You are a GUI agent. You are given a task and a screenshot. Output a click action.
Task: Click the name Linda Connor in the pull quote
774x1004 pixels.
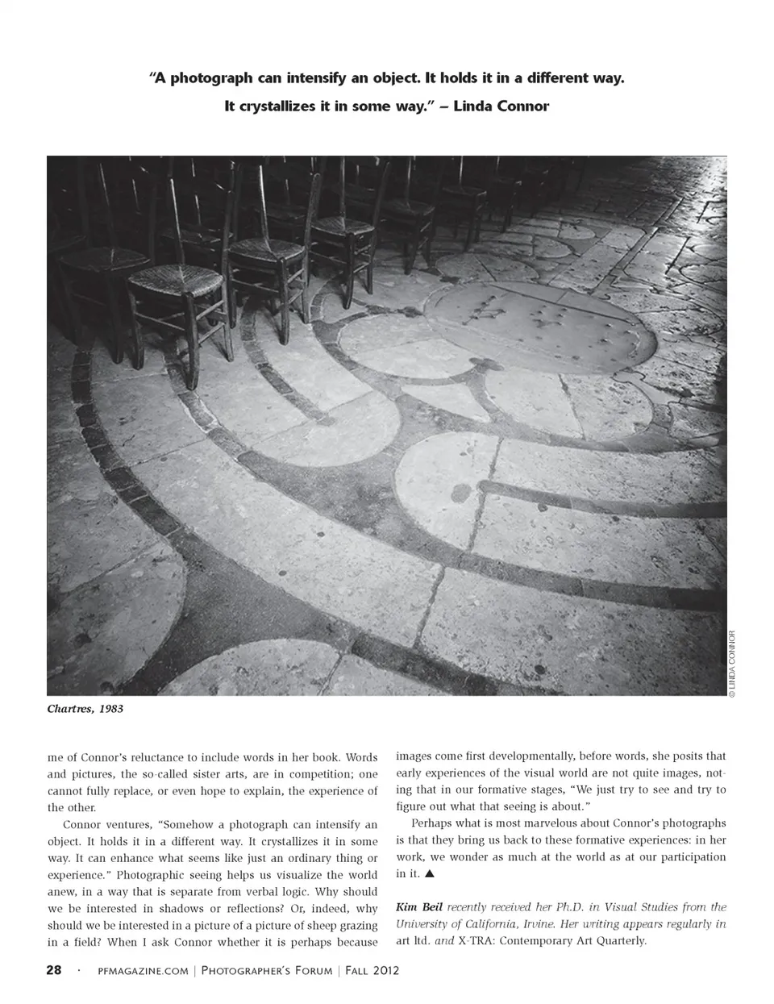[501, 106]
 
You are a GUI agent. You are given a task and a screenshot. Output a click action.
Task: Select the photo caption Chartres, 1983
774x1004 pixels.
[85, 709]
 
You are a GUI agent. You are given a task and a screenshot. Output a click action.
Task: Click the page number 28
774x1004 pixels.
[53, 970]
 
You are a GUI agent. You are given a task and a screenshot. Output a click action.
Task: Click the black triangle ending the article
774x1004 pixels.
[430, 873]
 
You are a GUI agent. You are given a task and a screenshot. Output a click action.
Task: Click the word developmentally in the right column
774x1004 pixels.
[534, 756]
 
